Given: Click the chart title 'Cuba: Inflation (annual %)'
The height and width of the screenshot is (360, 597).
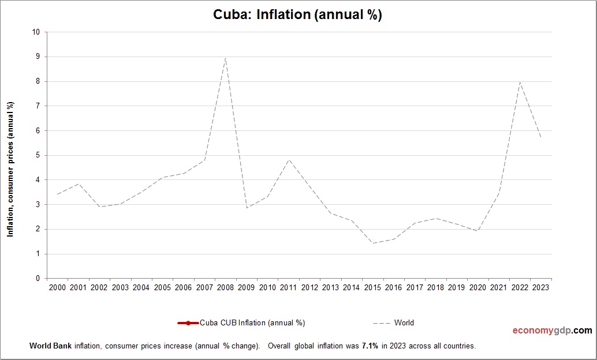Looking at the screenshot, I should (298, 15).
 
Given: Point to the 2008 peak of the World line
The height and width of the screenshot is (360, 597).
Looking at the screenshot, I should (225, 58).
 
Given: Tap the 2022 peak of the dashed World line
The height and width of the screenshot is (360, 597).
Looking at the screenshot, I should (520, 82).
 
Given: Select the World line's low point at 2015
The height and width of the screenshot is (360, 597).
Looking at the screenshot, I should (372, 243).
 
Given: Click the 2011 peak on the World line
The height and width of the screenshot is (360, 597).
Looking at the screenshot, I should (288, 160).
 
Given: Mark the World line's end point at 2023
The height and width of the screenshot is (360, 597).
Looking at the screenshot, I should (540, 137).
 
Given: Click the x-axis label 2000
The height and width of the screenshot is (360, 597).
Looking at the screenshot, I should (57, 287).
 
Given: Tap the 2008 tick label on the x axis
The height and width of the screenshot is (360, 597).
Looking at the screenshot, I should (225, 287).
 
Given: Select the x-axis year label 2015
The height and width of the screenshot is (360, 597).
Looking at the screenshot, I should (372, 287).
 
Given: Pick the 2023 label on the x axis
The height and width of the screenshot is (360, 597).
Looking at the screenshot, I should (540, 287).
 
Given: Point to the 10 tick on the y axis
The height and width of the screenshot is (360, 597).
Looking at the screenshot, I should (36, 32).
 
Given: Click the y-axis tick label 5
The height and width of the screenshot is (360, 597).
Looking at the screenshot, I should (38, 155).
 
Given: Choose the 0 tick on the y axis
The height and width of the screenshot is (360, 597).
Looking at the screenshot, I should (38, 279).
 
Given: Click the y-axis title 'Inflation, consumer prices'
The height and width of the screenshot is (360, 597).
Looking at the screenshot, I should (10, 168).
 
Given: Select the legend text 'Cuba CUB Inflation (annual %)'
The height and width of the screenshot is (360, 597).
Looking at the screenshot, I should (252, 323).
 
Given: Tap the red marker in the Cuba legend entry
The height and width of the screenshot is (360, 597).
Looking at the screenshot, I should (188, 323).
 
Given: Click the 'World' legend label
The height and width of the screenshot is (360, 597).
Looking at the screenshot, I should (404, 323).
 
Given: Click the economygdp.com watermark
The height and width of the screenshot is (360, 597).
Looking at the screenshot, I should (552, 331).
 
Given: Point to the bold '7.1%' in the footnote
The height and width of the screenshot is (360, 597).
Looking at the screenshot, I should (370, 346).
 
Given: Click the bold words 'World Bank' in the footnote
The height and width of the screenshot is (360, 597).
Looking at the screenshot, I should (48, 346).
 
